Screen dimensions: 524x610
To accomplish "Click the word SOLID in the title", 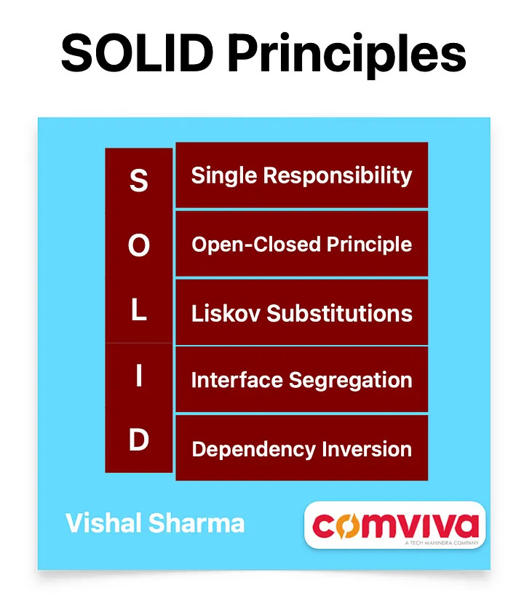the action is tap(138, 52).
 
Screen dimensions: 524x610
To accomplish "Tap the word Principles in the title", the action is tap(346, 55).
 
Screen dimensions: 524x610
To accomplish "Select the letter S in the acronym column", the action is tap(139, 181).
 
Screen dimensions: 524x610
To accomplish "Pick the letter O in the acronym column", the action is tap(139, 245).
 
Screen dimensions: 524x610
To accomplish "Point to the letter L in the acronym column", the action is tap(139, 310).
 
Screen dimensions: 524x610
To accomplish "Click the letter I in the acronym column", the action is tap(139, 376).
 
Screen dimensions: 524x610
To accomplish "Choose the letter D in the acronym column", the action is tap(139, 440).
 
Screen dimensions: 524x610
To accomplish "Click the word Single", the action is tap(224, 176).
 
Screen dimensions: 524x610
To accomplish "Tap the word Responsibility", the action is tap(338, 176).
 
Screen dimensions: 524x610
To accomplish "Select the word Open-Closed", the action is tap(256, 245).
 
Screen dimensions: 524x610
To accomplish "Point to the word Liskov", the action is tap(226, 313).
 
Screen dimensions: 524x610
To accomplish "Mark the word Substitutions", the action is tap(340, 313).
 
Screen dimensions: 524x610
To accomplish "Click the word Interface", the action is tap(237, 380).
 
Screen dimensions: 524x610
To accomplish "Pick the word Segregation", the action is tap(351, 381).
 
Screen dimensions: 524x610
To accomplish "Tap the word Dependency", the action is tap(254, 450).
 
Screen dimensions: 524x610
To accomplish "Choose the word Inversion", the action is tap(367, 449).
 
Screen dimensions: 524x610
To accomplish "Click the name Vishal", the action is tap(103, 523).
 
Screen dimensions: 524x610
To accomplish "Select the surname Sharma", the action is tap(196, 523).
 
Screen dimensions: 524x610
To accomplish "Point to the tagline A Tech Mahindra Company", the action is tap(442, 543).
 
